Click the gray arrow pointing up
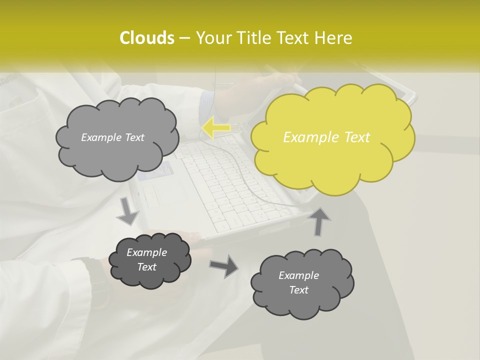point(321,221)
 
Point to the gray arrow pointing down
point(128,210)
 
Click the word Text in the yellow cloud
point(356,137)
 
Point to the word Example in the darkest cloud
point(146,252)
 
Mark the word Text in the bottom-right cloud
point(298,290)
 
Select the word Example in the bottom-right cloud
point(298,275)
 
